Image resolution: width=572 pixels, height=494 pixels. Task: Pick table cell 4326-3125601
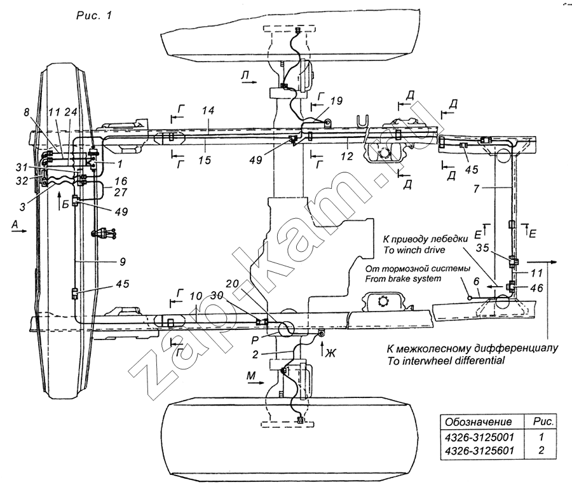coord(479,451)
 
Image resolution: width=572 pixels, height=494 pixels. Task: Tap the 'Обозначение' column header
coord(478,422)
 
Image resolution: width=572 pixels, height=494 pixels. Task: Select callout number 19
coord(336,100)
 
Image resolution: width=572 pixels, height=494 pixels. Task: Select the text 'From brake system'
coord(404,278)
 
